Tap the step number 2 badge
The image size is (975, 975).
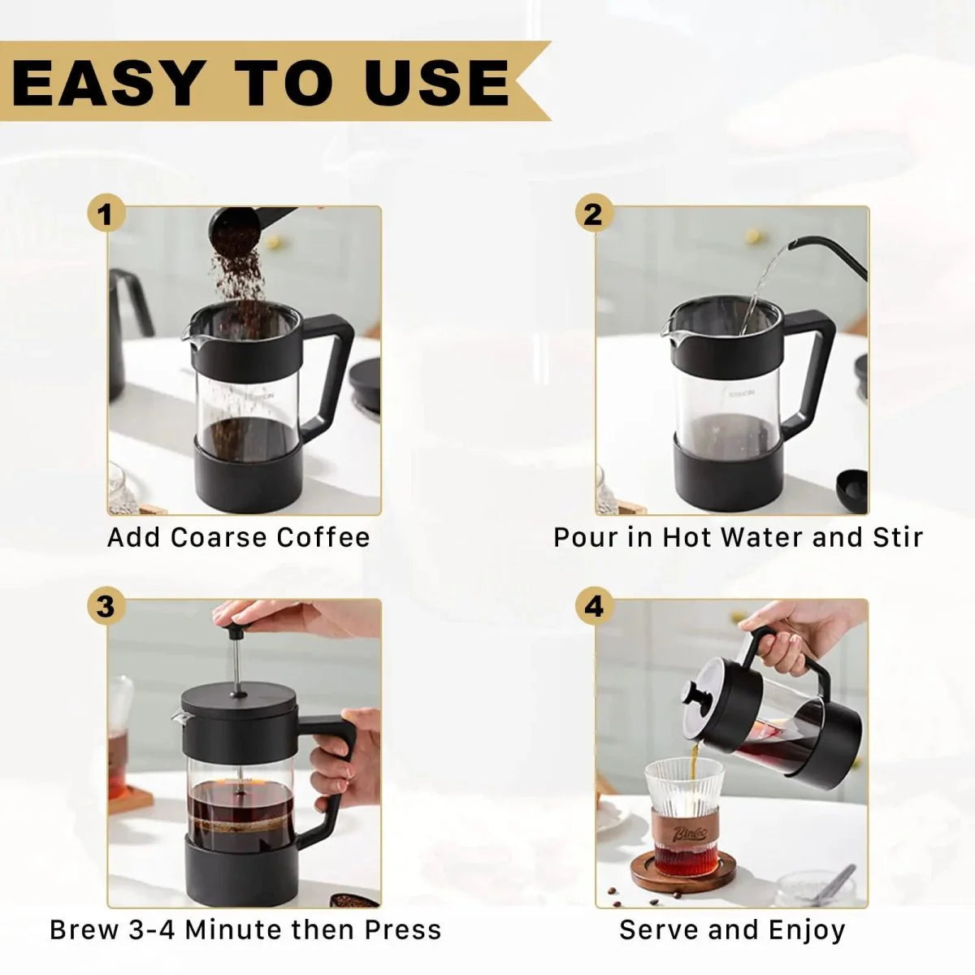594,214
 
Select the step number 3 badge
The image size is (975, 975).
106,606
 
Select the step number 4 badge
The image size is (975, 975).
594,606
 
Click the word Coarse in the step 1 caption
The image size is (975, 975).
219,537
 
